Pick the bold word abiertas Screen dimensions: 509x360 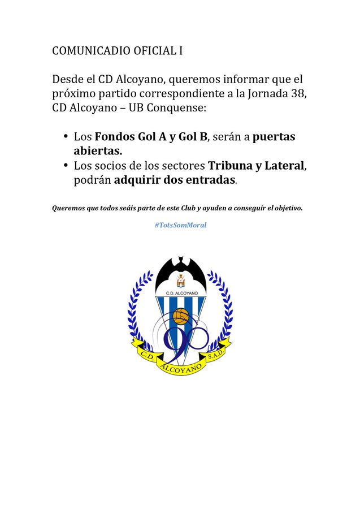point(98,152)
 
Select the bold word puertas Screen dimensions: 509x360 point(274,137)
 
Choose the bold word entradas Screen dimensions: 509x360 point(207,181)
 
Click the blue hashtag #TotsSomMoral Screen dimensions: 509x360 point(180,225)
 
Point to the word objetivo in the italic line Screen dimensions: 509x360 point(288,208)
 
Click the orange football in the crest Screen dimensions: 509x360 point(181,316)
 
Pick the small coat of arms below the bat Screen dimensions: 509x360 point(181,280)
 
